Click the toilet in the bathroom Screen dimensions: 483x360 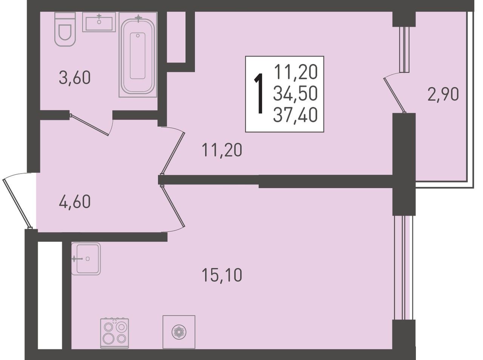(x=65, y=29)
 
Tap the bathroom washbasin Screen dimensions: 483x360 (x=99, y=22)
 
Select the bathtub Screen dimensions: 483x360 (x=138, y=55)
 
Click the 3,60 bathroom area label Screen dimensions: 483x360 (x=75, y=78)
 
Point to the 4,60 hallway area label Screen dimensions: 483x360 (x=75, y=202)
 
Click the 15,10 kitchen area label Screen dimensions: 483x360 (x=222, y=275)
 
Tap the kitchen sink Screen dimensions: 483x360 (x=86, y=259)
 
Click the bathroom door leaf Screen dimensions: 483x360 (x=89, y=125)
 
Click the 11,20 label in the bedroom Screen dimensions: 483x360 (x=222, y=150)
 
